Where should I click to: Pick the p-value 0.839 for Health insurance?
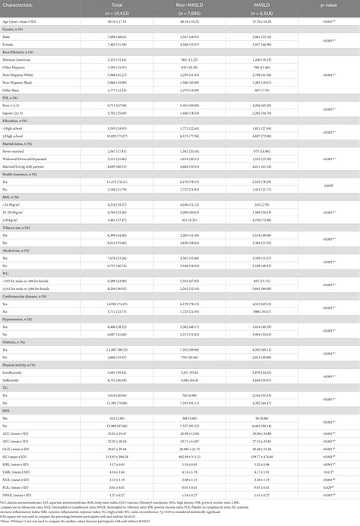[x=331, y=186]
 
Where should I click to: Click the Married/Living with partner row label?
[x=33, y=165]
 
